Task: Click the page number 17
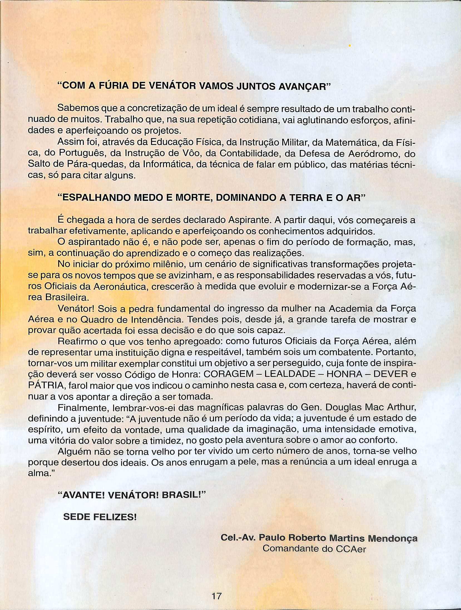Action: (x=216, y=594)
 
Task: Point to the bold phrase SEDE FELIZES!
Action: (x=100, y=517)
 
